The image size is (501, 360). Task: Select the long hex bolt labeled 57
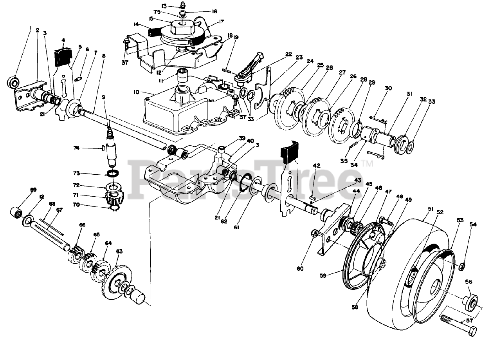pyautogui.click(x=458, y=326)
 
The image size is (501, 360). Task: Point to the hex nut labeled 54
pyautogui.click(x=461, y=266)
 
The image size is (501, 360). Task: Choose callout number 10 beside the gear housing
pyautogui.click(x=136, y=92)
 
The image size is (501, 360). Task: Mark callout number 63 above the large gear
pyautogui.click(x=119, y=251)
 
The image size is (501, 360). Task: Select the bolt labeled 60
pyautogui.click(x=314, y=234)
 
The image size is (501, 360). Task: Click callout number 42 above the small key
pyautogui.click(x=317, y=166)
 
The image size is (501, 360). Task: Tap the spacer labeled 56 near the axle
pyautogui.click(x=471, y=302)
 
